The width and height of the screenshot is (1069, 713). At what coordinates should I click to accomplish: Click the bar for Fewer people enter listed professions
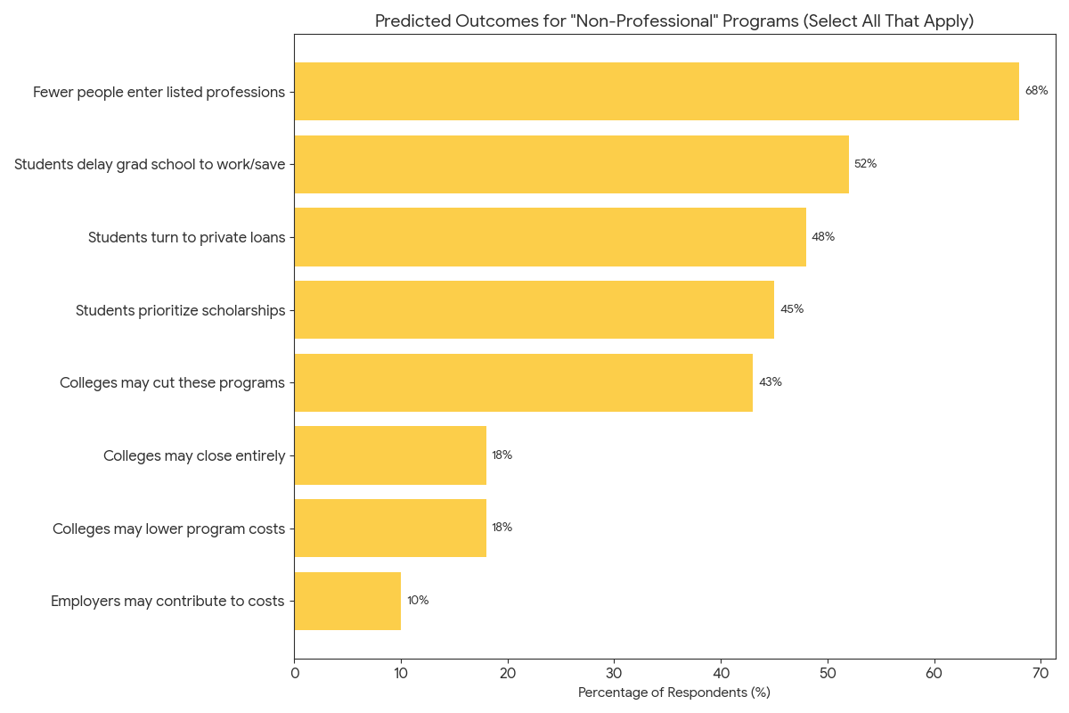pos(657,91)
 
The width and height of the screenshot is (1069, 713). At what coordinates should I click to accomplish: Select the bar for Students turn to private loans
pos(550,237)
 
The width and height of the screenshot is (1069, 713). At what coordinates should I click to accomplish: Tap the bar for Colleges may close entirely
pos(390,455)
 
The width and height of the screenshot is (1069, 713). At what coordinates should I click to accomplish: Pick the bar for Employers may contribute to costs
pos(347,601)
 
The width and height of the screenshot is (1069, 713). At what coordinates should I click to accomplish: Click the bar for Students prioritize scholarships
pos(534,309)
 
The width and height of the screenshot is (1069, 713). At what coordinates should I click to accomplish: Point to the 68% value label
pos(1036,91)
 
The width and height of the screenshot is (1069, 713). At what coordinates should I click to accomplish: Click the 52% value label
pos(865,164)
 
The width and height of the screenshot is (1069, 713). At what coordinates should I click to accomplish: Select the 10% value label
pos(418,601)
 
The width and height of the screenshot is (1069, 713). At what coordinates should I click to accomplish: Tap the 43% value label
pos(770,382)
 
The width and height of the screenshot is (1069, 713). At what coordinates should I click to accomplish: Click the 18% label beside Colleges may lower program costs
pos(502,528)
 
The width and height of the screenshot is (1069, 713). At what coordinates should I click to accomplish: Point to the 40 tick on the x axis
pos(721,674)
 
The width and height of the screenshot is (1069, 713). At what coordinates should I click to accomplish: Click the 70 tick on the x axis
pos(1040,674)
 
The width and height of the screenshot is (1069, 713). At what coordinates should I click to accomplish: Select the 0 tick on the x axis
pos(295,674)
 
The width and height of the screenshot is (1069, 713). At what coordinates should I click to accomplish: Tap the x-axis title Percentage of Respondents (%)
pos(673,693)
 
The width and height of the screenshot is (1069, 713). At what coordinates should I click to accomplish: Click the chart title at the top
pos(673,21)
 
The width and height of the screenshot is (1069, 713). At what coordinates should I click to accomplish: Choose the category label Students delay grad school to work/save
pos(150,164)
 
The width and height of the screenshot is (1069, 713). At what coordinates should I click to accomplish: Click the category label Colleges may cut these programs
pos(172,382)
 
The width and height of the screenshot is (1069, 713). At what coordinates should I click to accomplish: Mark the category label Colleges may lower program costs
pos(168,529)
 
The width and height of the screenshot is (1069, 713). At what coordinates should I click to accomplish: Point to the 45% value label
pos(791,309)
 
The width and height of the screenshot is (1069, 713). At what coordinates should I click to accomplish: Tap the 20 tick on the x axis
pos(508,674)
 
